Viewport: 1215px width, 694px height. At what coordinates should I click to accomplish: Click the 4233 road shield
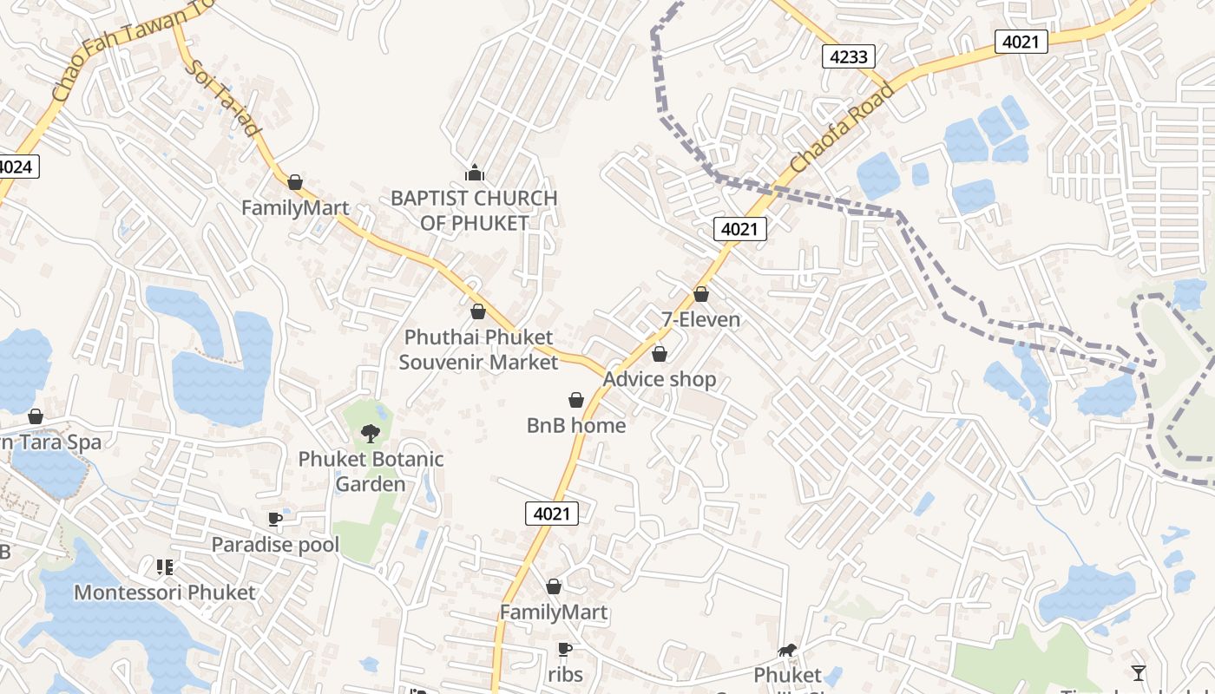coord(848,57)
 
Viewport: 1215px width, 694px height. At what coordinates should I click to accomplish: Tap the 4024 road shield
coord(16,167)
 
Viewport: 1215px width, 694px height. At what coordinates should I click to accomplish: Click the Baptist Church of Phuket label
coord(474,210)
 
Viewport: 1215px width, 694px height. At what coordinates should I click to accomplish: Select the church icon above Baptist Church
coord(474,173)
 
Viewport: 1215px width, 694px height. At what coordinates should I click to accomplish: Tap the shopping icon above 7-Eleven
coord(701,295)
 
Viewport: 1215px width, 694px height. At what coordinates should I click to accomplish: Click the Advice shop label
coord(660,379)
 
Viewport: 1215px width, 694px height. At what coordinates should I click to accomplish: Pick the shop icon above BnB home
coord(575,400)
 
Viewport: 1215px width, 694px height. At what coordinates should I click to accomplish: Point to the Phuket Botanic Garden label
coord(371,471)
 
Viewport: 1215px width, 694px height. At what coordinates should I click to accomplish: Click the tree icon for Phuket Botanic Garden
coord(371,433)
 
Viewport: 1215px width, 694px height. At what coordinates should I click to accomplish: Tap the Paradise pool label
coord(275,545)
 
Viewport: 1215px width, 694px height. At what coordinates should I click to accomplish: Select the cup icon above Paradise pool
coord(275,520)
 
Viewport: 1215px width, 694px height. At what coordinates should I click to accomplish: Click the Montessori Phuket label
coord(165,593)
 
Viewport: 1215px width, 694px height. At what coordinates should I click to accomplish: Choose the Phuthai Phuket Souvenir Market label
coord(478,349)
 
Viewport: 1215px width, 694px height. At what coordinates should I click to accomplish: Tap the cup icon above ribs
coord(565,649)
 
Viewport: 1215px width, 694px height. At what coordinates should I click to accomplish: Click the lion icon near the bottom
coord(787,650)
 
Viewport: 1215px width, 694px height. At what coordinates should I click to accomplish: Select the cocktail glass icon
coord(1138,672)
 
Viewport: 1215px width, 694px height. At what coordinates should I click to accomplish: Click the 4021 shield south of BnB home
coord(551,514)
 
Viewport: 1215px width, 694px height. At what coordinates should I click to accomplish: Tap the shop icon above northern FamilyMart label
coord(295,182)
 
